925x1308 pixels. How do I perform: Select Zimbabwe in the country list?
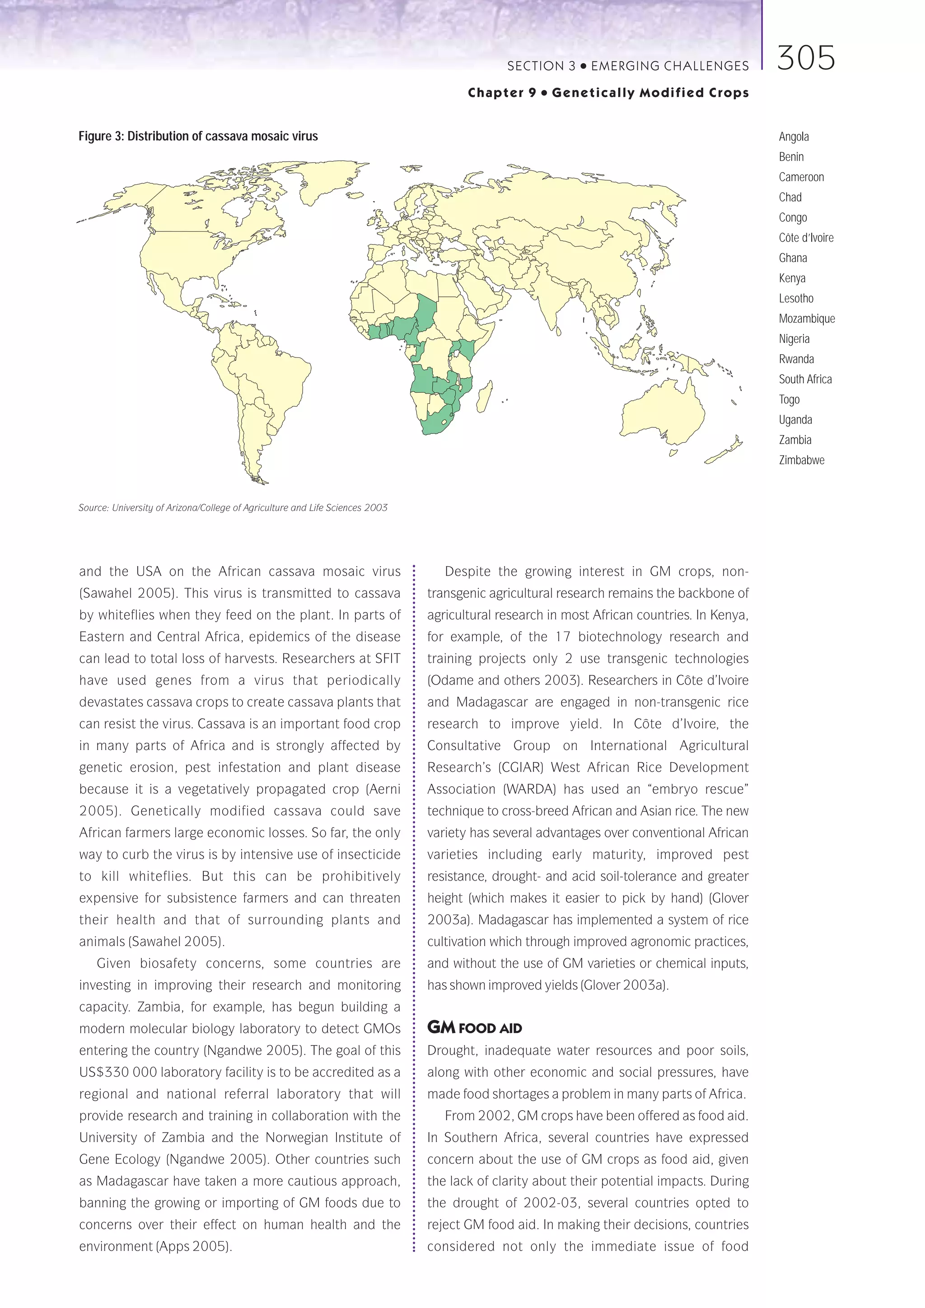[801, 460]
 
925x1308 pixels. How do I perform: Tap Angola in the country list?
[794, 137]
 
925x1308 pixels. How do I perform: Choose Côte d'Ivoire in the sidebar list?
[806, 238]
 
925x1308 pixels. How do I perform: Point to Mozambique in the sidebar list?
[807, 319]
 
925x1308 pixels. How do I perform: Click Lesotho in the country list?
[796, 299]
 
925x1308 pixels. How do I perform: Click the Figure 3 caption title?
[198, 136]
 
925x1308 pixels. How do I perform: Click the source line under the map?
[233, 507]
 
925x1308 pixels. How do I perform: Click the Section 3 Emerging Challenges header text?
[628, 66]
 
